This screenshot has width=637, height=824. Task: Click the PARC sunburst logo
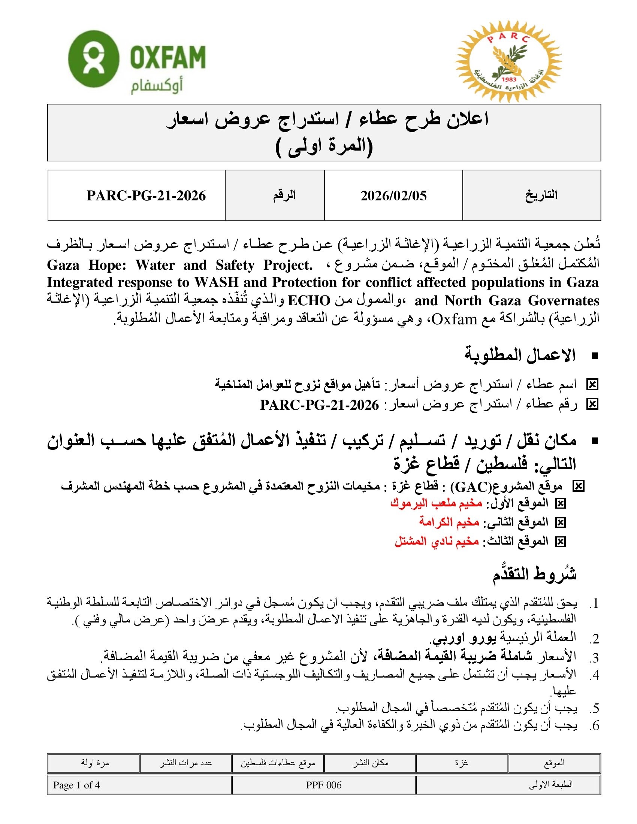[x=508, y=61]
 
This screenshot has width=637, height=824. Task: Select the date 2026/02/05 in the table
[x=393, y=196]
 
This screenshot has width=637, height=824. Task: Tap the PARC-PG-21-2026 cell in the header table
[x=146, y=196]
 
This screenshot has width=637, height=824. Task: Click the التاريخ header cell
[x=541, y=195]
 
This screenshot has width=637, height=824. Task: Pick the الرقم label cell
[x=284, y=195]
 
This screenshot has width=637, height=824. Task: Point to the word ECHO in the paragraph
[x=309, y=301]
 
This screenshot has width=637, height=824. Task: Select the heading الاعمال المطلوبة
[x=520, y=355]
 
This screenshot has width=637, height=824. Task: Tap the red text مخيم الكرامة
[x=449, y=522]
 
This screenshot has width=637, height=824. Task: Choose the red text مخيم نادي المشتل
[x=437, y=541]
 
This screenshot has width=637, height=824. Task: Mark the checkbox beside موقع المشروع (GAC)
[x=578, y=486]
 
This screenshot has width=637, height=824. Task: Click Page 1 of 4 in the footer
[x=76, y=785]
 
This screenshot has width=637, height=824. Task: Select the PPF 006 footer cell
[x=324, y=785]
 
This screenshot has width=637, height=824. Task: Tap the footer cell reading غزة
[x=462, y=763]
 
